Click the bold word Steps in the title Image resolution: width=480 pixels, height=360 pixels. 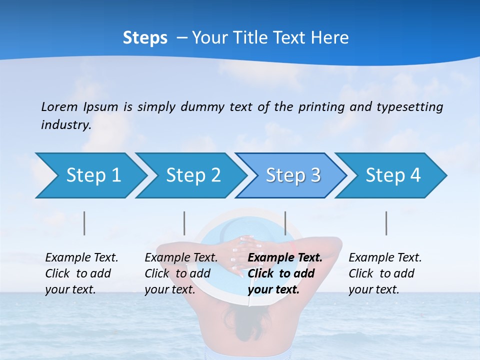pyautogui.click(x=145, y=38)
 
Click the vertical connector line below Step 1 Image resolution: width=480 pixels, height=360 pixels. pyautogui.click(x=84, y=223)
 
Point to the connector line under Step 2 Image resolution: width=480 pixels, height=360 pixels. pyautogui.click(x=184, y=223)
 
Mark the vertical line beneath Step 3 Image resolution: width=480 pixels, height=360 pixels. pyautogui.click(x=285, y=223)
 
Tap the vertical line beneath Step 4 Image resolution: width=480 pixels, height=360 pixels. pyautogui.click(x=386, y=223)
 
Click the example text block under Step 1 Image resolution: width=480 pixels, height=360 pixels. pyautogui.click(x=81, y=273)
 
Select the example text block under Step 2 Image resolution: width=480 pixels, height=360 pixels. pyautogui.click(x=181, y=273)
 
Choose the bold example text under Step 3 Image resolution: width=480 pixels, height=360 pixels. pyautogui.click(x=285, y=273)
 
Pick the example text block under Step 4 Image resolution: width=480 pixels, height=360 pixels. pyautogui.click(x=385, y=273)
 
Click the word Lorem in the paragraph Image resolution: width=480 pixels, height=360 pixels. pyautogui.click(x=59, y=107)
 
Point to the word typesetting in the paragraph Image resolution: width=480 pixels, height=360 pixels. pyautogui.click(x=409, y=107)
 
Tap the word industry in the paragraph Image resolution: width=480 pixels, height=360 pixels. pyautogui.click(x=66, y=125)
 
